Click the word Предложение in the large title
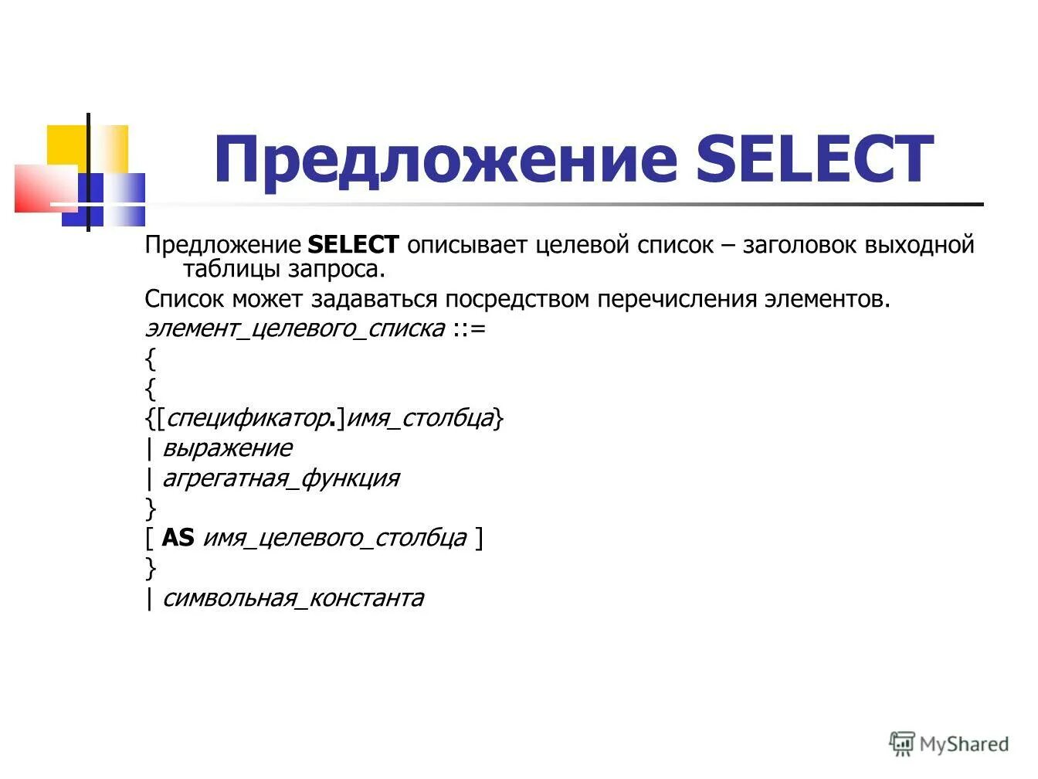[446, 159]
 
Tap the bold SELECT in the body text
[353, 245]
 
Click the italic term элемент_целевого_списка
[294, 328]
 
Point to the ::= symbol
[470, 328]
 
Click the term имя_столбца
[420, 418]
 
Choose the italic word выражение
[227, 448]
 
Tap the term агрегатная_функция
[280, 478]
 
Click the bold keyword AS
[178, 538]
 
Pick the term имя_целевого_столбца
[334, 538]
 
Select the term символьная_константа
[293, 598]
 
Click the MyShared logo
[949, 744]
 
